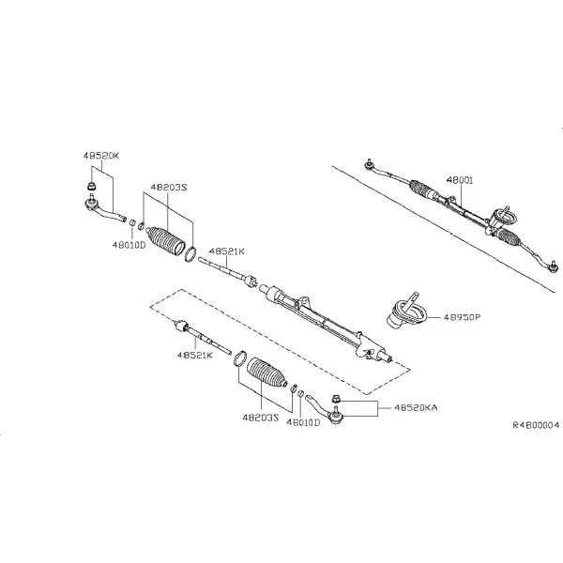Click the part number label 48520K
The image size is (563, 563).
point(101,156)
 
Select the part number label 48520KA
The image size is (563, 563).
point(416,408)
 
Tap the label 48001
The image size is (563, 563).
point(460,180)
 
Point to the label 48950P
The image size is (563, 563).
point(462,317)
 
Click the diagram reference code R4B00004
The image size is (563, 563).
point(536,425)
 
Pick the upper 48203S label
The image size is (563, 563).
point(169,187)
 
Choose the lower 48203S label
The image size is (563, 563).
point(261,418)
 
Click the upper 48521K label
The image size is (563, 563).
point(226,251)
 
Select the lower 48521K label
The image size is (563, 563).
point(195,355)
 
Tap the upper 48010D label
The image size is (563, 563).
point(129,245)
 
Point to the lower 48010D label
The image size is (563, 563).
point(303,422)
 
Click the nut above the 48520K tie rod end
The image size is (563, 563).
point(92,187)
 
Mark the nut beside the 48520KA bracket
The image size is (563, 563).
point(335,398)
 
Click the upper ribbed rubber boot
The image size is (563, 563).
point(165,240)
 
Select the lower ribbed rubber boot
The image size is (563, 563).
point(266,373)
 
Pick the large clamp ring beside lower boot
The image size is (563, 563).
point(240,358)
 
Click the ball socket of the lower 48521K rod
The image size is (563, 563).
point(180,326)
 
